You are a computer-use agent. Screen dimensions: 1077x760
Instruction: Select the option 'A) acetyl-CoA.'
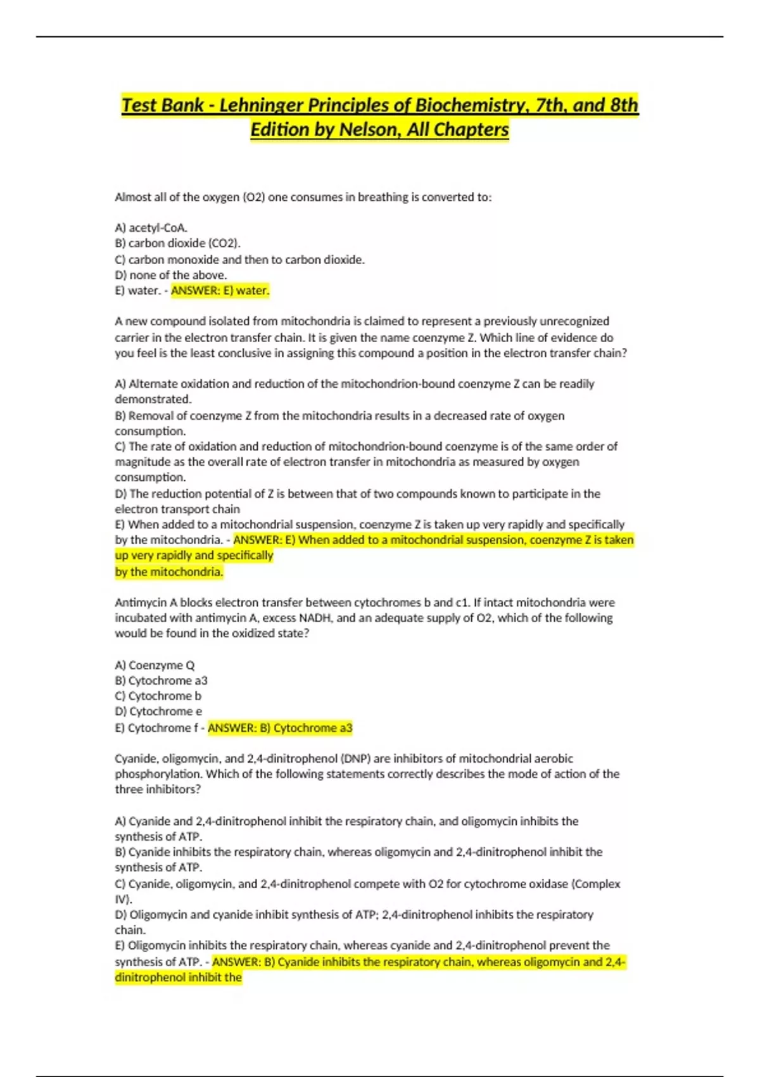pos(151,227)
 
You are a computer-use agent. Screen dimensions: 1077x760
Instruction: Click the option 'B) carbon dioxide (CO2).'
pos(177,243)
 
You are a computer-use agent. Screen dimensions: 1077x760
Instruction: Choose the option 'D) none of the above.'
pos(170,275)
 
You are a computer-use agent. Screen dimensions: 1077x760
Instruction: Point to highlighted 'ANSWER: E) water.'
pos(220,291)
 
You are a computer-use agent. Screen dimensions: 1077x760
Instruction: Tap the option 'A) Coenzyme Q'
pos(155,665)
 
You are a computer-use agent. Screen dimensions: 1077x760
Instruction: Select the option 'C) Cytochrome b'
pos(158,696)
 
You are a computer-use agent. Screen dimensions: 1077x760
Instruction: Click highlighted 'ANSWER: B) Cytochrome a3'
pos(280,728)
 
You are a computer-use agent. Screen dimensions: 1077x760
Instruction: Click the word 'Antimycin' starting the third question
pos(141,602)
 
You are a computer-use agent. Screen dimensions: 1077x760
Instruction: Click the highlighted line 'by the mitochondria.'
pos(168,571)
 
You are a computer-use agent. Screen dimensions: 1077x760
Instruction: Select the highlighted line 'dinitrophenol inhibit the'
pos(178,978)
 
